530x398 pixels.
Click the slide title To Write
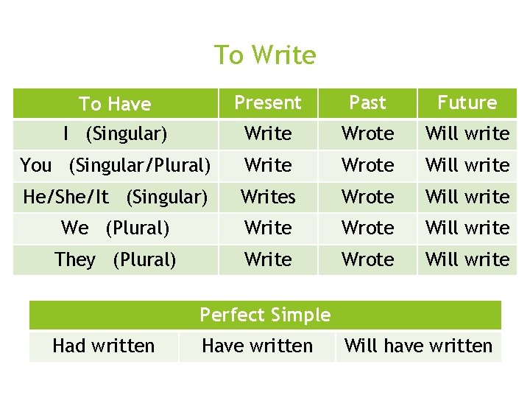click(x=265, y=55)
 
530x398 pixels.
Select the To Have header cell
click(x=115, y=104)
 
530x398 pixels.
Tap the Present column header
click(x=268, y=103)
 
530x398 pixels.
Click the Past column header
click(x=367, y=103)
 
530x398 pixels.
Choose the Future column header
click(x=467, y=103)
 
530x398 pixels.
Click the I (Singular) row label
click(x=115, y=134)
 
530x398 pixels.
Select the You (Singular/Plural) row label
click(x=115, y=165)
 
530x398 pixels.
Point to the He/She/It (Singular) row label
click(x=115, y=197)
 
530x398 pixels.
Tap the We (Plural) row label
click(x=115, y=228)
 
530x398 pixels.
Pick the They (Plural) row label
click(x=115, y=259)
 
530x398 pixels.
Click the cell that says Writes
click(x=268, y=197)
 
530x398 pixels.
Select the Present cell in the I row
click(x=268, y=134)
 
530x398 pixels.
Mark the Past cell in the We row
click(x=367, y=228)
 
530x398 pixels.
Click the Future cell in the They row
click(x=467, y=259)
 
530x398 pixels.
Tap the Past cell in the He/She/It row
click(x=367, y=197)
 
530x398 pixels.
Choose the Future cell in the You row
click(x=467, y=165)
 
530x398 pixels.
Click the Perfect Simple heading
click(x=265, y=315)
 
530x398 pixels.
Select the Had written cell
click(x=104, y=346)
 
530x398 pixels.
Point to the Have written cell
click(x=257, y=346)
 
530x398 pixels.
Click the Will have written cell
click(x=418, y=346)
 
